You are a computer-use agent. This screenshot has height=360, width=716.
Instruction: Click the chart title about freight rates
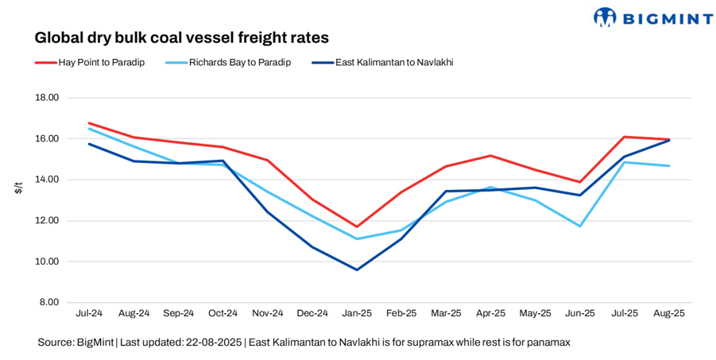pyautogui.click(x=181, y=37)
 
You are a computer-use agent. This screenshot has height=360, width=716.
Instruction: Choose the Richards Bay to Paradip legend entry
pyautogui.click(x=230, y=62)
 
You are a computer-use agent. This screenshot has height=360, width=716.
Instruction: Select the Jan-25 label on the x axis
pyautogui.click(x=357, y=314)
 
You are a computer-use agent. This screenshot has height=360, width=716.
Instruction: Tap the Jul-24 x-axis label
pyautogui.click(x=90, y=314)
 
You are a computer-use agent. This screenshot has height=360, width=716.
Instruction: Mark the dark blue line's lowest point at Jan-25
pyautogui.click(x=357, y=269)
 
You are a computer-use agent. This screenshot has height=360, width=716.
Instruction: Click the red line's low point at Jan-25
pyautogui.click(x=357, y=226)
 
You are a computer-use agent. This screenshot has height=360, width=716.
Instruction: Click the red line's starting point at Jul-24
pyautogui.click(x=90, y=123)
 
